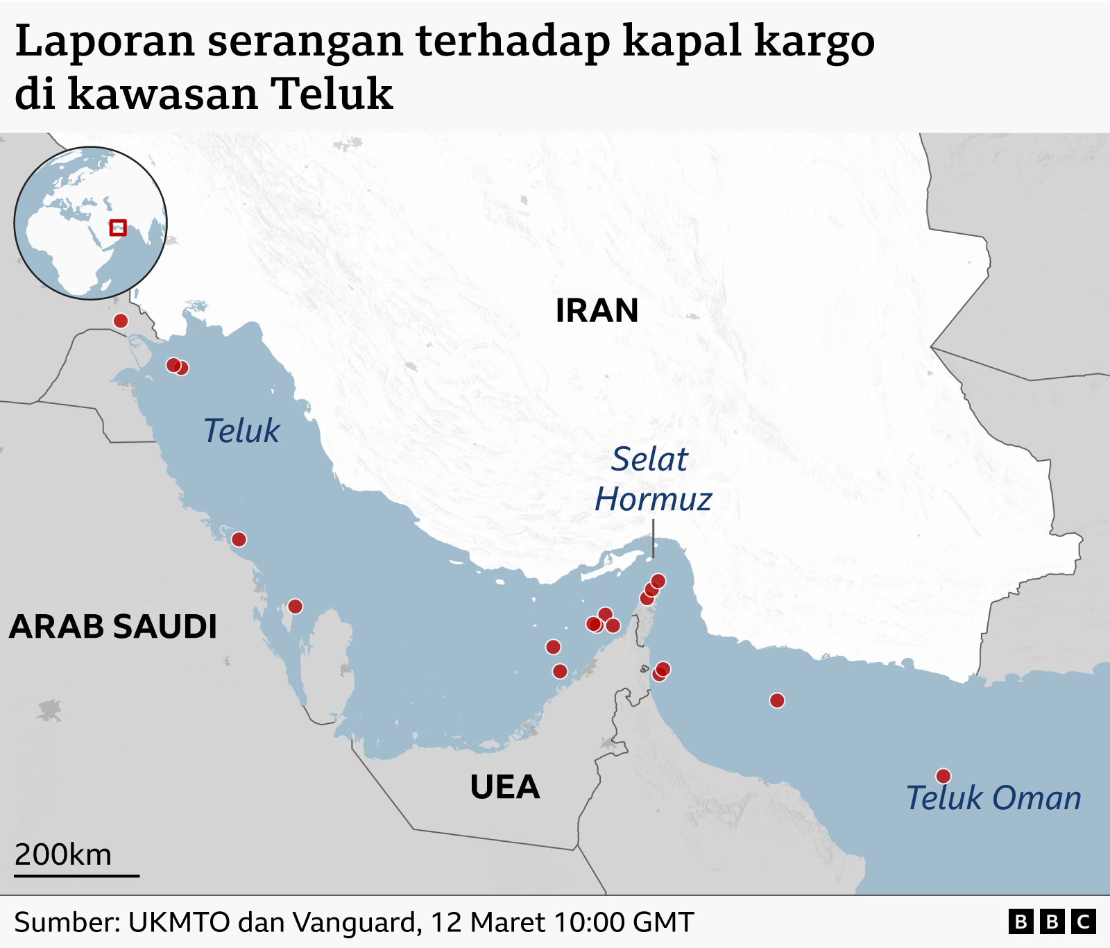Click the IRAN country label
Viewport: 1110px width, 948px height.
597,310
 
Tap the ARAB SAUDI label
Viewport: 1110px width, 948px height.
113,627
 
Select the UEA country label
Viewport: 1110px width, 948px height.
504,787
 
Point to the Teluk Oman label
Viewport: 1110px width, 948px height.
993,798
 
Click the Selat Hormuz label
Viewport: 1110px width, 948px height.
652,479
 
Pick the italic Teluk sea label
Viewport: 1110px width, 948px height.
241,431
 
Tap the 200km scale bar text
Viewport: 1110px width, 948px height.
63,855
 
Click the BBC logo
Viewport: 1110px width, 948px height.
1052,922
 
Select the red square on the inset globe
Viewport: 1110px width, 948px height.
118,227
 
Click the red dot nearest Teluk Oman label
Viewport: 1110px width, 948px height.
943,776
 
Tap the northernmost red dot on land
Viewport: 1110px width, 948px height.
121,321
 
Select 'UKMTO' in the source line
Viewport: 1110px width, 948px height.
179,922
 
